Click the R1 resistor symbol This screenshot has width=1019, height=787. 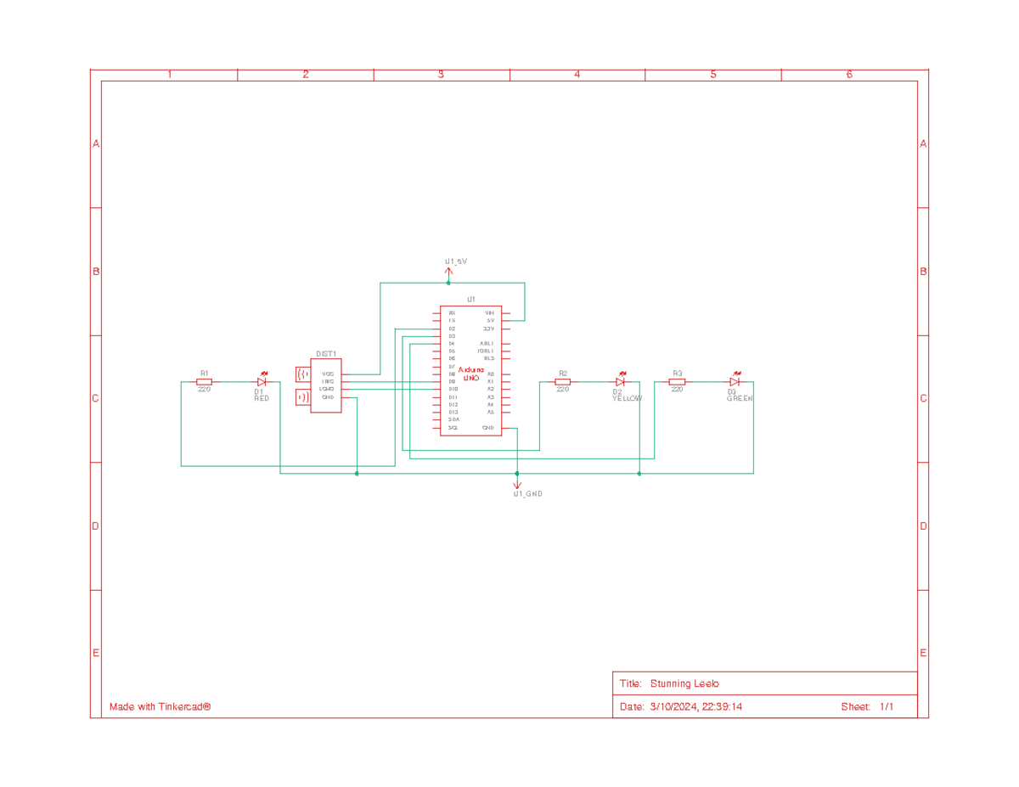point(204,382)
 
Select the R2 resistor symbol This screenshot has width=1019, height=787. point(562,382)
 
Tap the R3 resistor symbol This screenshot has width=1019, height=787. point(677,382)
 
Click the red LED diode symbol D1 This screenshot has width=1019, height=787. point(262,382)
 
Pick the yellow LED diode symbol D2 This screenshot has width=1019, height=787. point(621,382)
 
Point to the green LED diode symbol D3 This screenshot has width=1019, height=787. point(735,382)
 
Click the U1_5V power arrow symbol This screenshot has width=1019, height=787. point(448,273)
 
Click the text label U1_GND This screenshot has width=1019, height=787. point(527,494)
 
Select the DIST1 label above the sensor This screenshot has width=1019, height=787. point(326,354)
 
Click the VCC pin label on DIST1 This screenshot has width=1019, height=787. point(328,374)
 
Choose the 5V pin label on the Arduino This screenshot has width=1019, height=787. point(490,321)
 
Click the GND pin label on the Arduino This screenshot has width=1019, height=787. point(488,428)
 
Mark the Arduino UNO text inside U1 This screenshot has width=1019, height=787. point(470,374)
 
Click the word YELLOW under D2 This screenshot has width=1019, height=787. point(628,398)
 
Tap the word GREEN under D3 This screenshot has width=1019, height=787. point(740,398)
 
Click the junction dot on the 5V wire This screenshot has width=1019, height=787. point(448,283)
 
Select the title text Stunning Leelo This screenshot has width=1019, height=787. point(684,684)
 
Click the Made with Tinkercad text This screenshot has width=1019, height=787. point(160,707)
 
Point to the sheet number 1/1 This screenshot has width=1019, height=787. point(886,707)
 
